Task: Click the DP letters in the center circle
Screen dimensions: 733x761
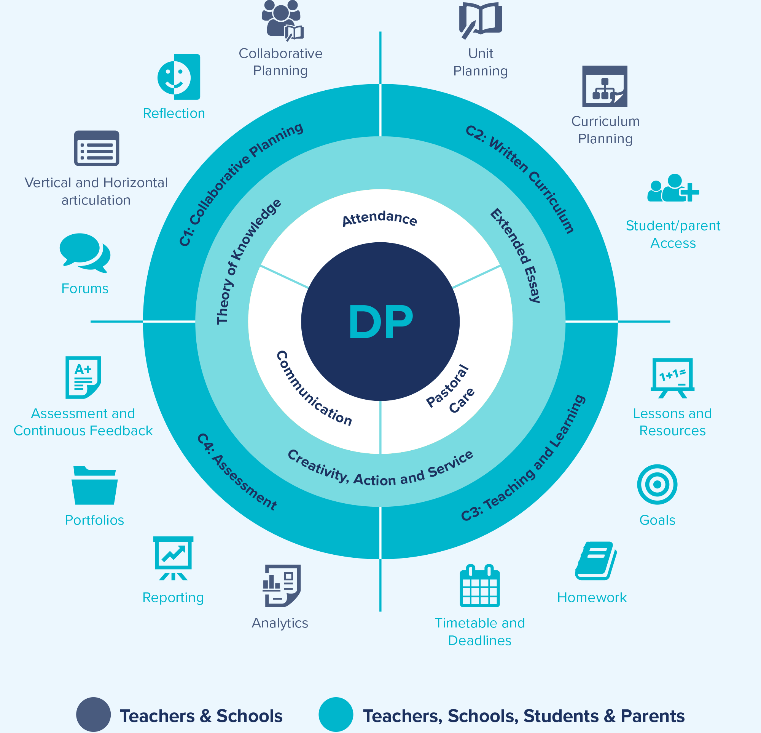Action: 380,322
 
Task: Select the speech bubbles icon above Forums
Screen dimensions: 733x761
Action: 85,253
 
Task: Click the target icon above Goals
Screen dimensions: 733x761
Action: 657,484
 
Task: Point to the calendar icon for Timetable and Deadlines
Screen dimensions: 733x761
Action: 479,586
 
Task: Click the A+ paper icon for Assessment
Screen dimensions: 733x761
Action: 83,377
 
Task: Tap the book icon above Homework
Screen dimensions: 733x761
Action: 595,561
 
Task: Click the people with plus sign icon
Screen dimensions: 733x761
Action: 673,189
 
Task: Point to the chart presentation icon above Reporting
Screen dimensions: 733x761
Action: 173,558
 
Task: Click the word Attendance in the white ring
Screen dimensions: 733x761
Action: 379,218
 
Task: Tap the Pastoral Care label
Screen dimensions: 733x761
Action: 451,389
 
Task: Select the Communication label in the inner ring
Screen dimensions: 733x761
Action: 314,389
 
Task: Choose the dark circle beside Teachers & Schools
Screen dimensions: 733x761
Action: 93,714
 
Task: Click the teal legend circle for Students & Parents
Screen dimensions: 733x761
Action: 336,714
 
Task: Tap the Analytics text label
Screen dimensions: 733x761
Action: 280,623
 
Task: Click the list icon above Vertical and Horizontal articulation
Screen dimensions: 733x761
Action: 97,148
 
